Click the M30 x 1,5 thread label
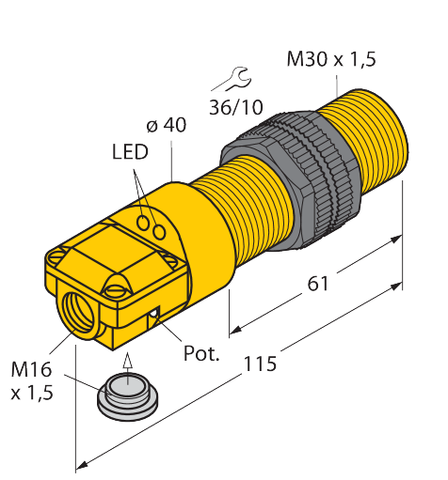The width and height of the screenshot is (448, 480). [x=331, y=59]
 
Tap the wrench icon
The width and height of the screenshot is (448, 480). [x=232, y=79]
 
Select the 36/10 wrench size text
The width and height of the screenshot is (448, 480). [x=236, y=107]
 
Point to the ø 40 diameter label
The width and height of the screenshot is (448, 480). [x=166, y=125]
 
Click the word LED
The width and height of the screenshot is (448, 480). [x=130, y=152]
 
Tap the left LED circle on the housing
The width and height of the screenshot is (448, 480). [x=144, y=223]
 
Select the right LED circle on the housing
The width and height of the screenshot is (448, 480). [x=159, y=232]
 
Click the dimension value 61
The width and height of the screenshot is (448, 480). [x=317, y=284]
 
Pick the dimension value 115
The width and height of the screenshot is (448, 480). [x=260, y=364]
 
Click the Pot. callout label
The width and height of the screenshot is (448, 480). [x=201, y=353]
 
